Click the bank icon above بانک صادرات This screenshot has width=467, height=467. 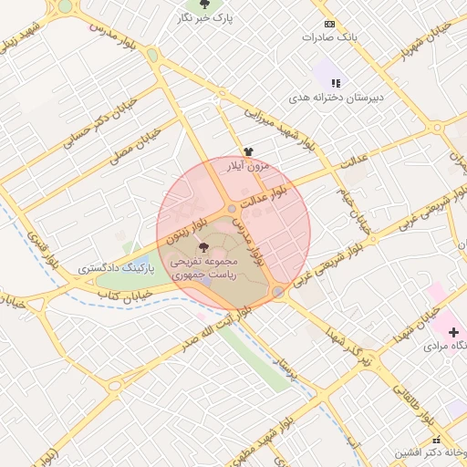coord(329,24)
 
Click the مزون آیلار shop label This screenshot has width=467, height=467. coord(248,166)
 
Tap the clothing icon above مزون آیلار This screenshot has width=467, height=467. coord(248,151)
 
